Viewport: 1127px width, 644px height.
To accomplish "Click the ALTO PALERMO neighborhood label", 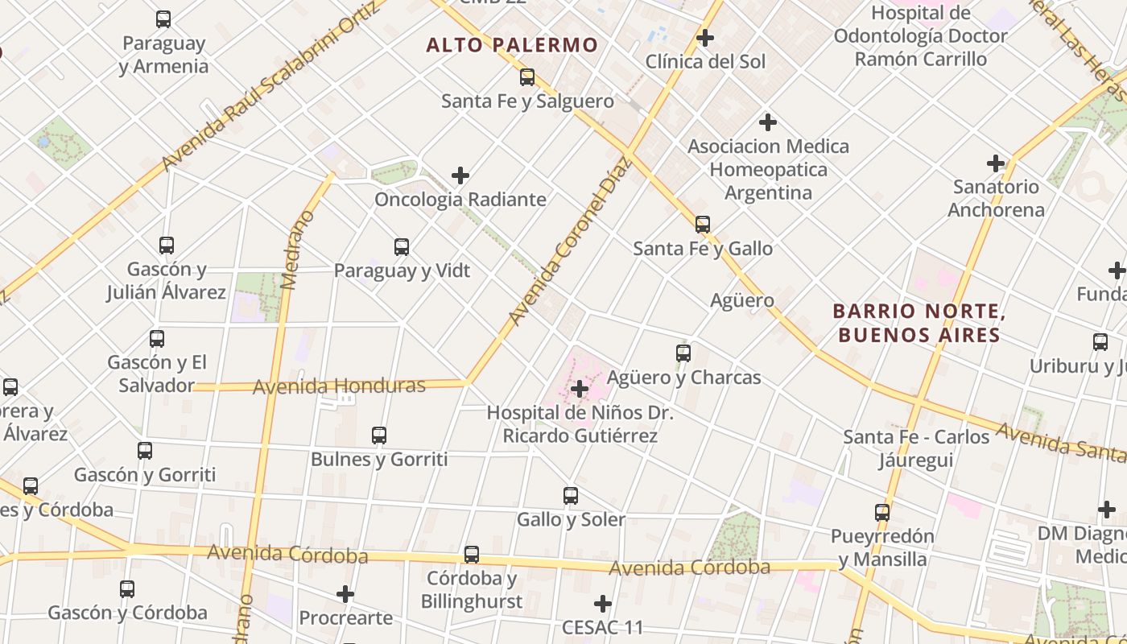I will pos(512,45).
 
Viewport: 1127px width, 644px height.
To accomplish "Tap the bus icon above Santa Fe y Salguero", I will pos(527,77).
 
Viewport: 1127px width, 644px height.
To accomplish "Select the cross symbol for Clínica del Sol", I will pos(705,38).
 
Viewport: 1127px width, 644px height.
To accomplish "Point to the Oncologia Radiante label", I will pos(460,199).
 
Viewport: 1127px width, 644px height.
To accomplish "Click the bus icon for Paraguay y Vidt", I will pos(402,247).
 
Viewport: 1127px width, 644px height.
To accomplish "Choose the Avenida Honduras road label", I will pos(339,386).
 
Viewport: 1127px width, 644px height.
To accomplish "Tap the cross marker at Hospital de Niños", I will pos(579,390).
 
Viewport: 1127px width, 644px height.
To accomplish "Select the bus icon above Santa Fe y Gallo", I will pos(703,225).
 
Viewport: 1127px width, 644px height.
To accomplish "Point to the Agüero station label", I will pos(742,301).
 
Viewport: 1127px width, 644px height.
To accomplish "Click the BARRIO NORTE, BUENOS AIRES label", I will pos(919,323).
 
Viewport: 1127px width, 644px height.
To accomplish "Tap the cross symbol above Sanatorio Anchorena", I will pos(996,164).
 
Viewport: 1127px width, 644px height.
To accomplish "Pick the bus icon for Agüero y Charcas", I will pos(683,353).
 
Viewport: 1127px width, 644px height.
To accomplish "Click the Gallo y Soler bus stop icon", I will pos(571,496).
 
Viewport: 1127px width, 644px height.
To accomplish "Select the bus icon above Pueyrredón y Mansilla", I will pos(882,513).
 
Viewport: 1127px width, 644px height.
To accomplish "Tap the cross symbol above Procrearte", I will pos(345,595).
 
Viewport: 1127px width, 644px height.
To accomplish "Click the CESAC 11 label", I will pos(603,627).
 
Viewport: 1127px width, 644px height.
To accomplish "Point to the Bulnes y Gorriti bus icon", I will pos(379,436).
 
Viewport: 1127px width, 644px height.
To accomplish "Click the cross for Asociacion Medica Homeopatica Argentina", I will pos(768,122).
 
